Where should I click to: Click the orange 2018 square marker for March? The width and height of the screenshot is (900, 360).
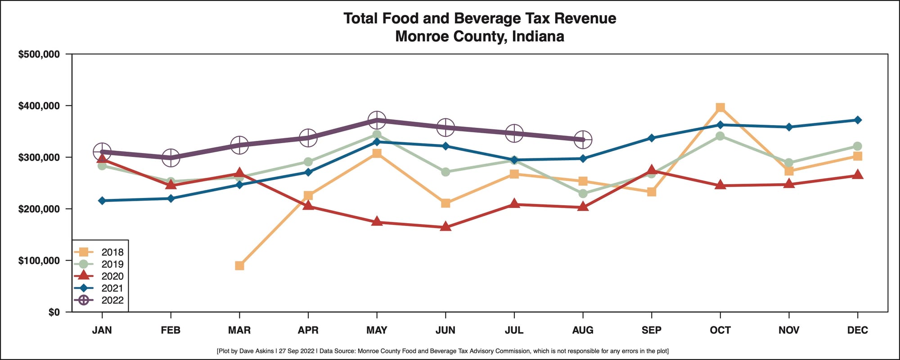pyautogui.click(x=239, y=265)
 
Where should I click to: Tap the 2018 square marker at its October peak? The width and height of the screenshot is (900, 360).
pyautogui.click(x=720, y=108)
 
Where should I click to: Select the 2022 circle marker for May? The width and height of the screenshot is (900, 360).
pyautogui.click(x=377, y=120)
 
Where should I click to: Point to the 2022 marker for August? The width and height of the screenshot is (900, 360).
pyautogui.click(x=583, y=139)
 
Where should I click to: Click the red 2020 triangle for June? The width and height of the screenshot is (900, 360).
pyautogui.click(x=445, y=227)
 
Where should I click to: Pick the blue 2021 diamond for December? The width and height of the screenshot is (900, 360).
pyautogui.click(x=858, y=120)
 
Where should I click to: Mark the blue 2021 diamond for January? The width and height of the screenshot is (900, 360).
pyautogui.click(x=102, y=201)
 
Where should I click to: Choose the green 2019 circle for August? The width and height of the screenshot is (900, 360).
pyautogui.click(x=583, y=193)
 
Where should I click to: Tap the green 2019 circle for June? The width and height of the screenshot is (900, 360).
pyautogui.click(x=445, y=172)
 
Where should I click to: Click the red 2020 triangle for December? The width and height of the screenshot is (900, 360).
pyautogui.click(x=858, y=175)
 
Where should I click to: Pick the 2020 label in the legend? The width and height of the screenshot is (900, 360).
pyautogui.click(x=112, y=276)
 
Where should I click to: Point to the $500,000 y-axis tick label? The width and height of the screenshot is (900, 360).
pyautogui.click(x=39, y=54)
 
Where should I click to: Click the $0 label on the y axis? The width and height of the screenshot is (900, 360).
pyautogui.click(x=54, y=312)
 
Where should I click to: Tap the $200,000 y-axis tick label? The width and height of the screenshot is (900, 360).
pyautogui.click(x=39, y=209)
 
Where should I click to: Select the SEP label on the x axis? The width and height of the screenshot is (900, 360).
pyautogui.click(x=651, y=330)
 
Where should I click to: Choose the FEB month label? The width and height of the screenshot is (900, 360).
pyautogui.click(x=171, y=330)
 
